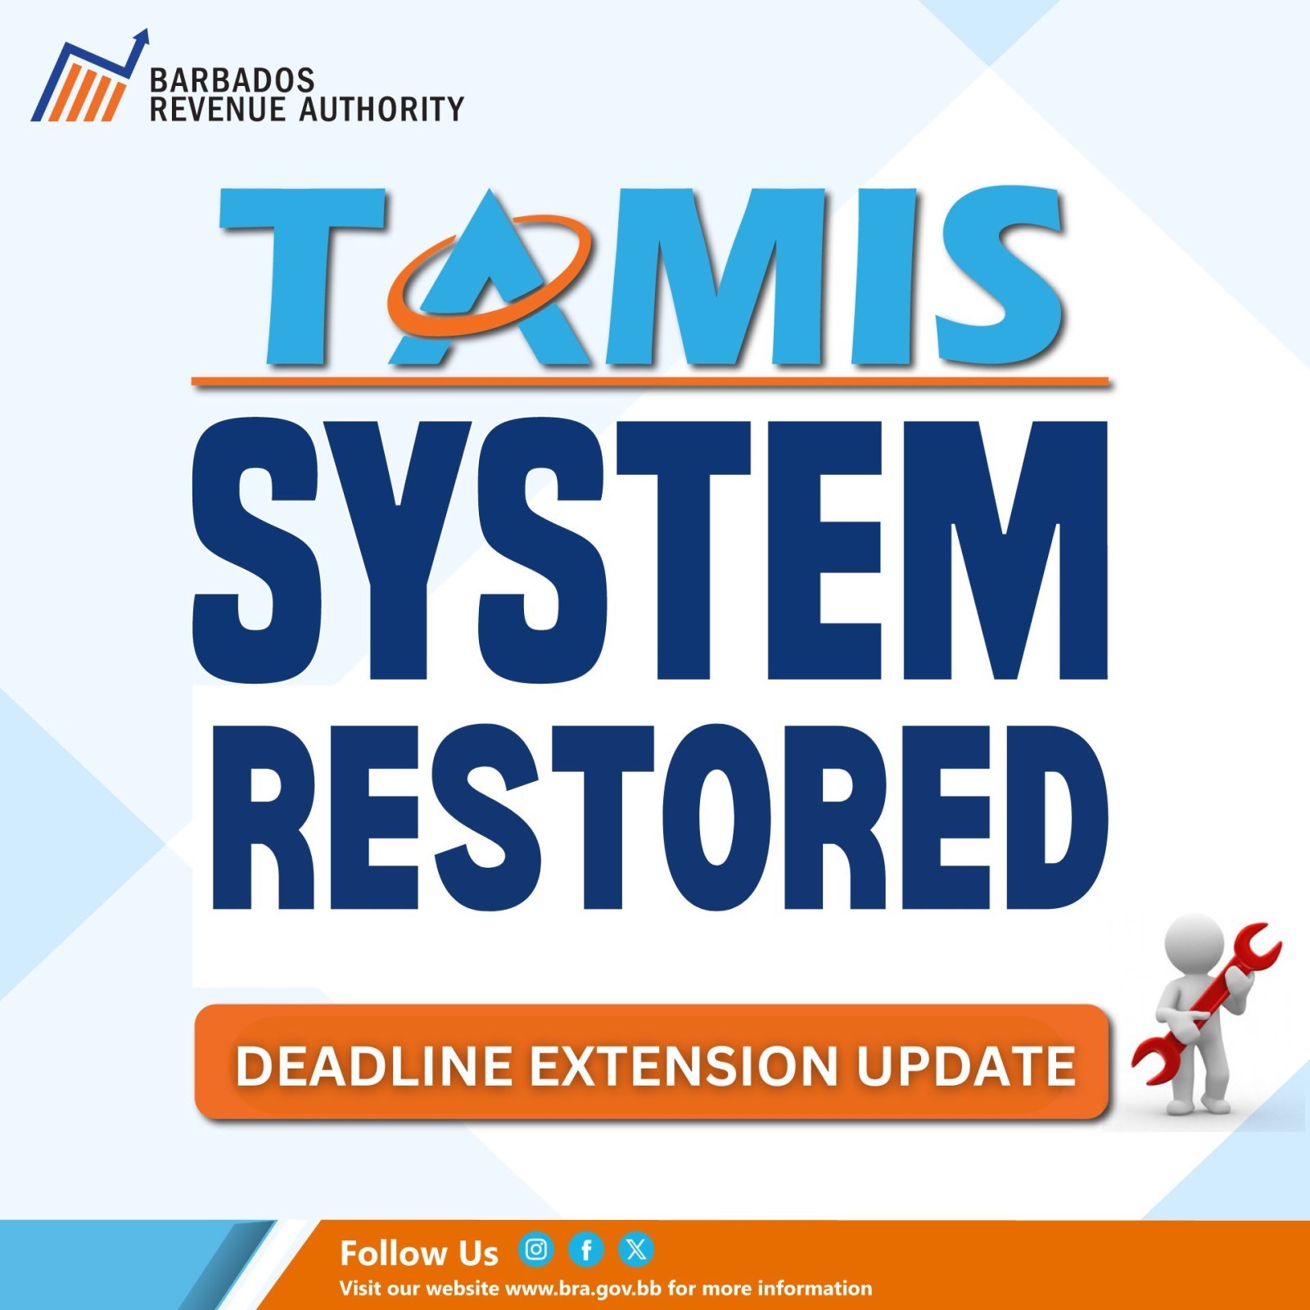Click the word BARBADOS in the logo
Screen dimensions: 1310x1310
232,80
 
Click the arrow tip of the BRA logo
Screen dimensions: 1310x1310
144,35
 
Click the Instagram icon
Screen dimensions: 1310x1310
536,1249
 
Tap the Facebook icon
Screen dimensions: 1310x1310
586,1249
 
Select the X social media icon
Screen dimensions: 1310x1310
636,1249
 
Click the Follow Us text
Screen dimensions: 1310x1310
418,1254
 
